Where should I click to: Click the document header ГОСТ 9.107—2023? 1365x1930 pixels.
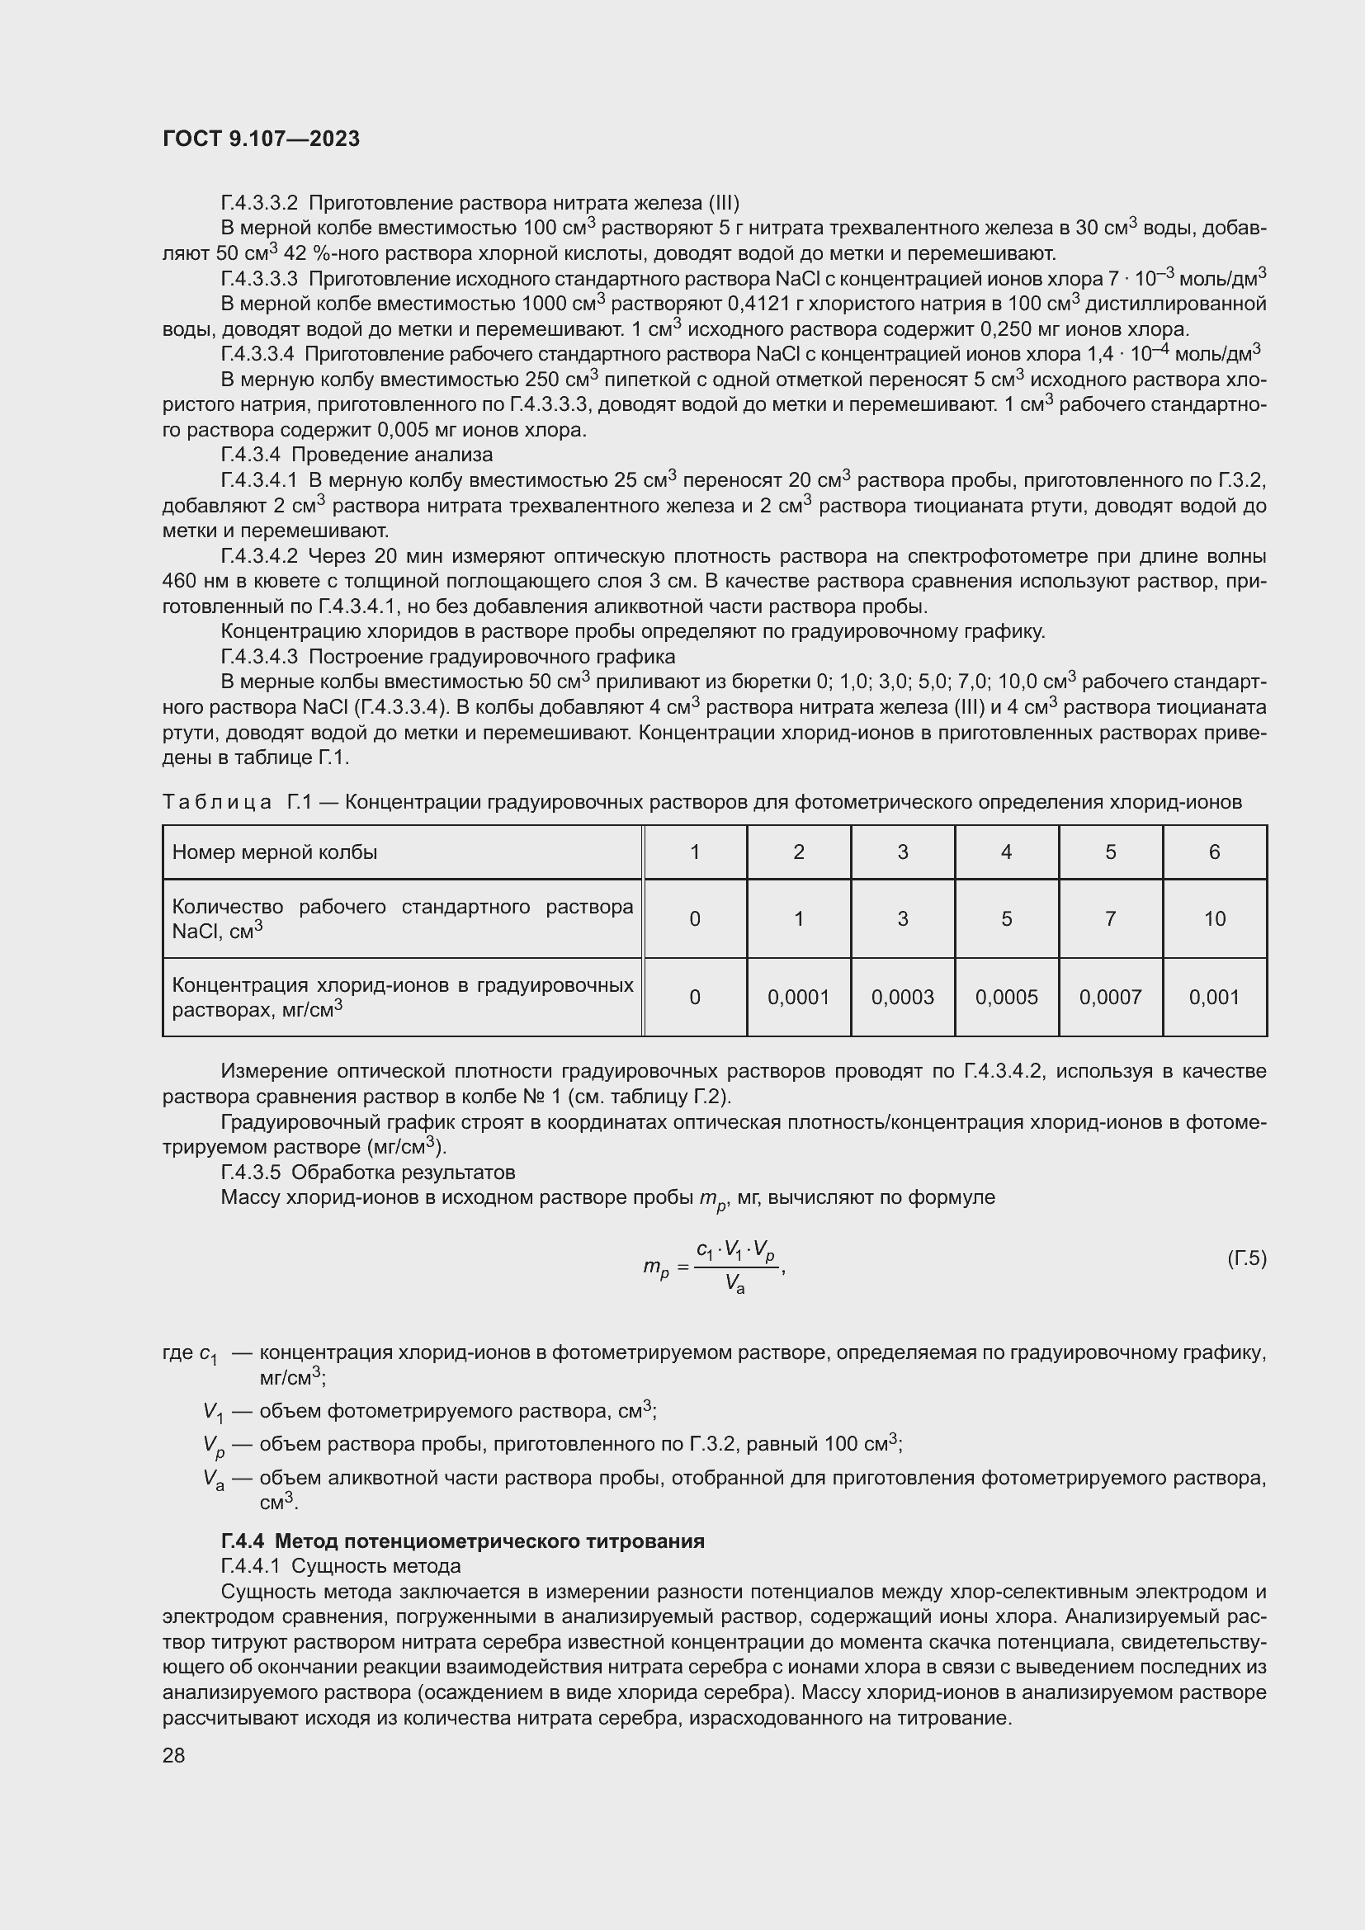tap(261, 139)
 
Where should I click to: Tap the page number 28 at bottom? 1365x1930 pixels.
tap(173, 1755)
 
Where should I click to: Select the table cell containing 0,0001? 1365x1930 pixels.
tap(798, 997)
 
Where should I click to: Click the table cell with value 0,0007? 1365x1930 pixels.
tap(1109, 997)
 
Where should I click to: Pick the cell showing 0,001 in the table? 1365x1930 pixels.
tap(1214, 997)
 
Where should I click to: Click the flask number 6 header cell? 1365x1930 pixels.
tap(1214, 852)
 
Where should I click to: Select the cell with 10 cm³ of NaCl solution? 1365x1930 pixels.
tap(1214, 918)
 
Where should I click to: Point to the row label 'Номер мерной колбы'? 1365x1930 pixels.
tap(275, 852)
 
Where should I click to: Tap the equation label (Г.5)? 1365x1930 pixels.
tap(1245, 1258)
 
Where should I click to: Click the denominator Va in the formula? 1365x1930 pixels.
tap(734, 1283)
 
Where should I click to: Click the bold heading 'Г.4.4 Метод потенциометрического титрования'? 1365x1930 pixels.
tap(462, 1541)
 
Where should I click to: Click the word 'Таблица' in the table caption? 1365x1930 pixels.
tap(217, 802)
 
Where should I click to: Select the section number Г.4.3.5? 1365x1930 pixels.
tap(251, 1172)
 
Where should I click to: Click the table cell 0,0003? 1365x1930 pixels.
tap(902, 997)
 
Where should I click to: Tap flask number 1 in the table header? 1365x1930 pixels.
tap(694, 852)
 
